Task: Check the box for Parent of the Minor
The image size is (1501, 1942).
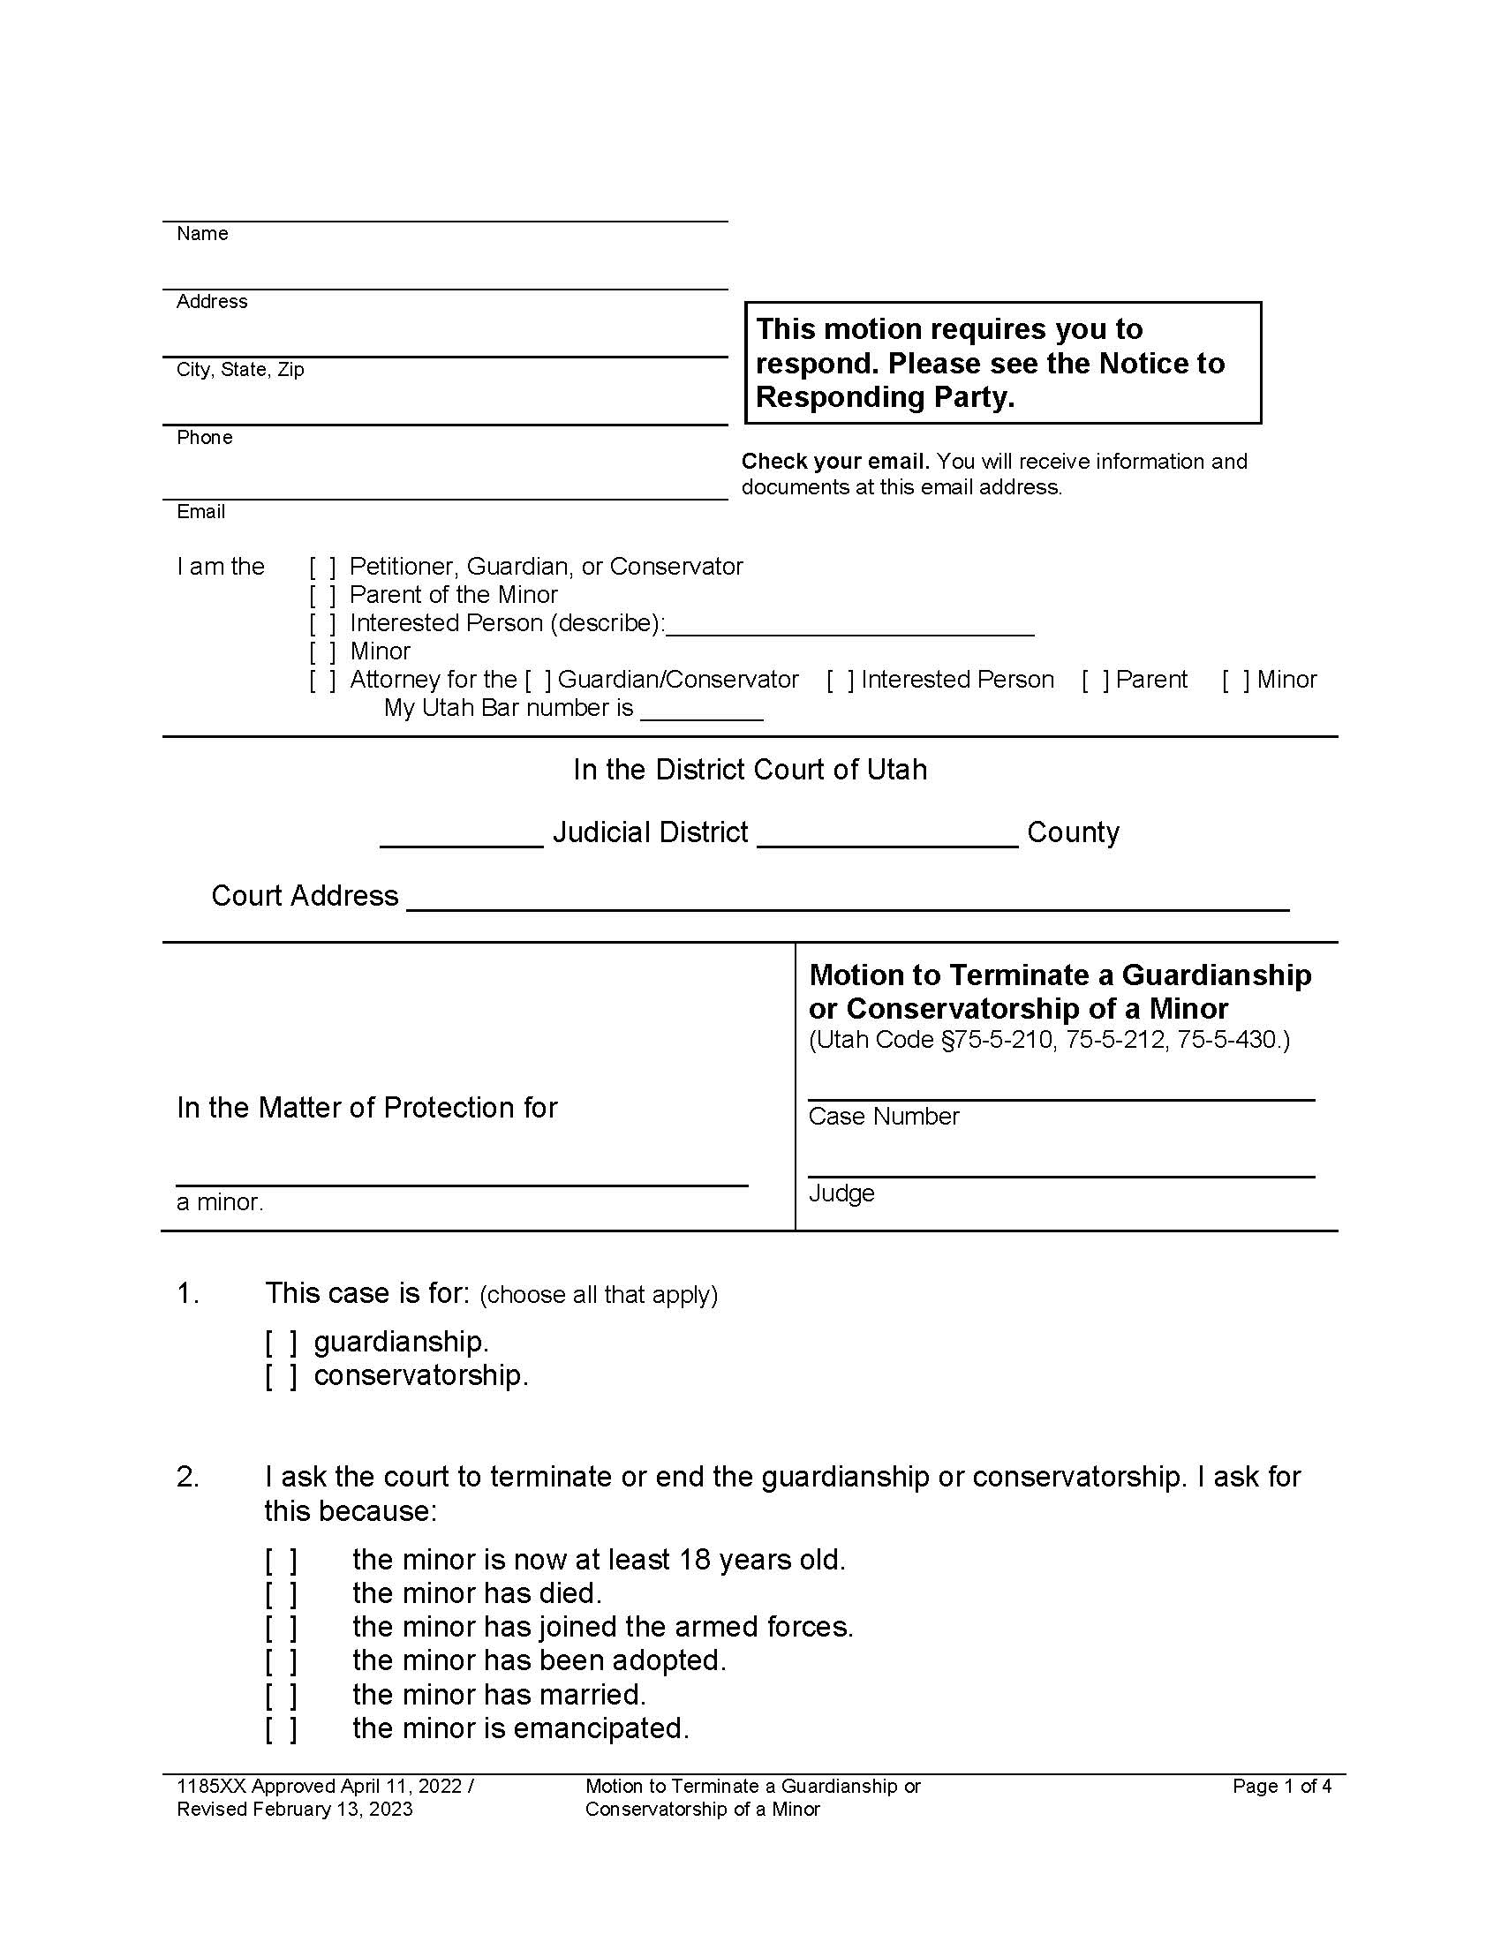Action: click(x=323, y=595)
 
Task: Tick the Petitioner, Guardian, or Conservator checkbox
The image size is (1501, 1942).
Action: click(x=323, y=567)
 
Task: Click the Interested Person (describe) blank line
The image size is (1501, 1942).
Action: click(x=849, y=626)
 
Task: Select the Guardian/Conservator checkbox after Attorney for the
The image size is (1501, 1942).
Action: click(x=538, y=681)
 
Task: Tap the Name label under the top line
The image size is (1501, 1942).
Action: click(x=202, y=234)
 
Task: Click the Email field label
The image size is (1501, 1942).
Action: click(x=201, y=512)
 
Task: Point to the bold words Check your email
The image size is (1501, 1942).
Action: click(x=835, y=462)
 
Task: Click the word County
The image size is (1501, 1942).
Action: click(x=1073, y=833)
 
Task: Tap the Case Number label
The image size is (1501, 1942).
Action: click(x=883, y=1117)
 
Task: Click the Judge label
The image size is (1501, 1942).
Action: click(x=841, y=1193)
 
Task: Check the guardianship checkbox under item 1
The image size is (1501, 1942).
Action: click(x=281, y=1342)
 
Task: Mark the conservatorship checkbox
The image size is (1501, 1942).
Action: click(x=281, y=1375)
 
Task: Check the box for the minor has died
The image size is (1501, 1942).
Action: click(x=281, y=1593)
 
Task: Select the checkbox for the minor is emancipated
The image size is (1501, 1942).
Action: click(x=281, y=1728)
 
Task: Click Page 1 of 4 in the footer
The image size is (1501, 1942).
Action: click(x=1281, y=1787)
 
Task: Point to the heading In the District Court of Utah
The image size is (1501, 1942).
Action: click(x=750, y=770)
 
